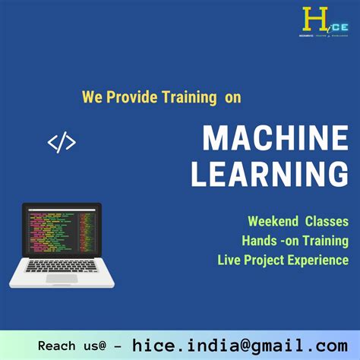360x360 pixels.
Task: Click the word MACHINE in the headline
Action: point(275,139)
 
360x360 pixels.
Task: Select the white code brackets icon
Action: point(62,142)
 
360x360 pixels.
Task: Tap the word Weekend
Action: point(272,221)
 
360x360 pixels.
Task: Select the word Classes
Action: point(327,221)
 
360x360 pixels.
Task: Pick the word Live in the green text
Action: point(229,261)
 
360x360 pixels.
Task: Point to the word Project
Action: point(265,261)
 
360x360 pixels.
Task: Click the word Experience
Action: point(320,261)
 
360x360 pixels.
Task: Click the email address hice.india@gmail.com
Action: point(240,345)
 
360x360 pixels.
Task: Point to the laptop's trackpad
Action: point(61,279)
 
